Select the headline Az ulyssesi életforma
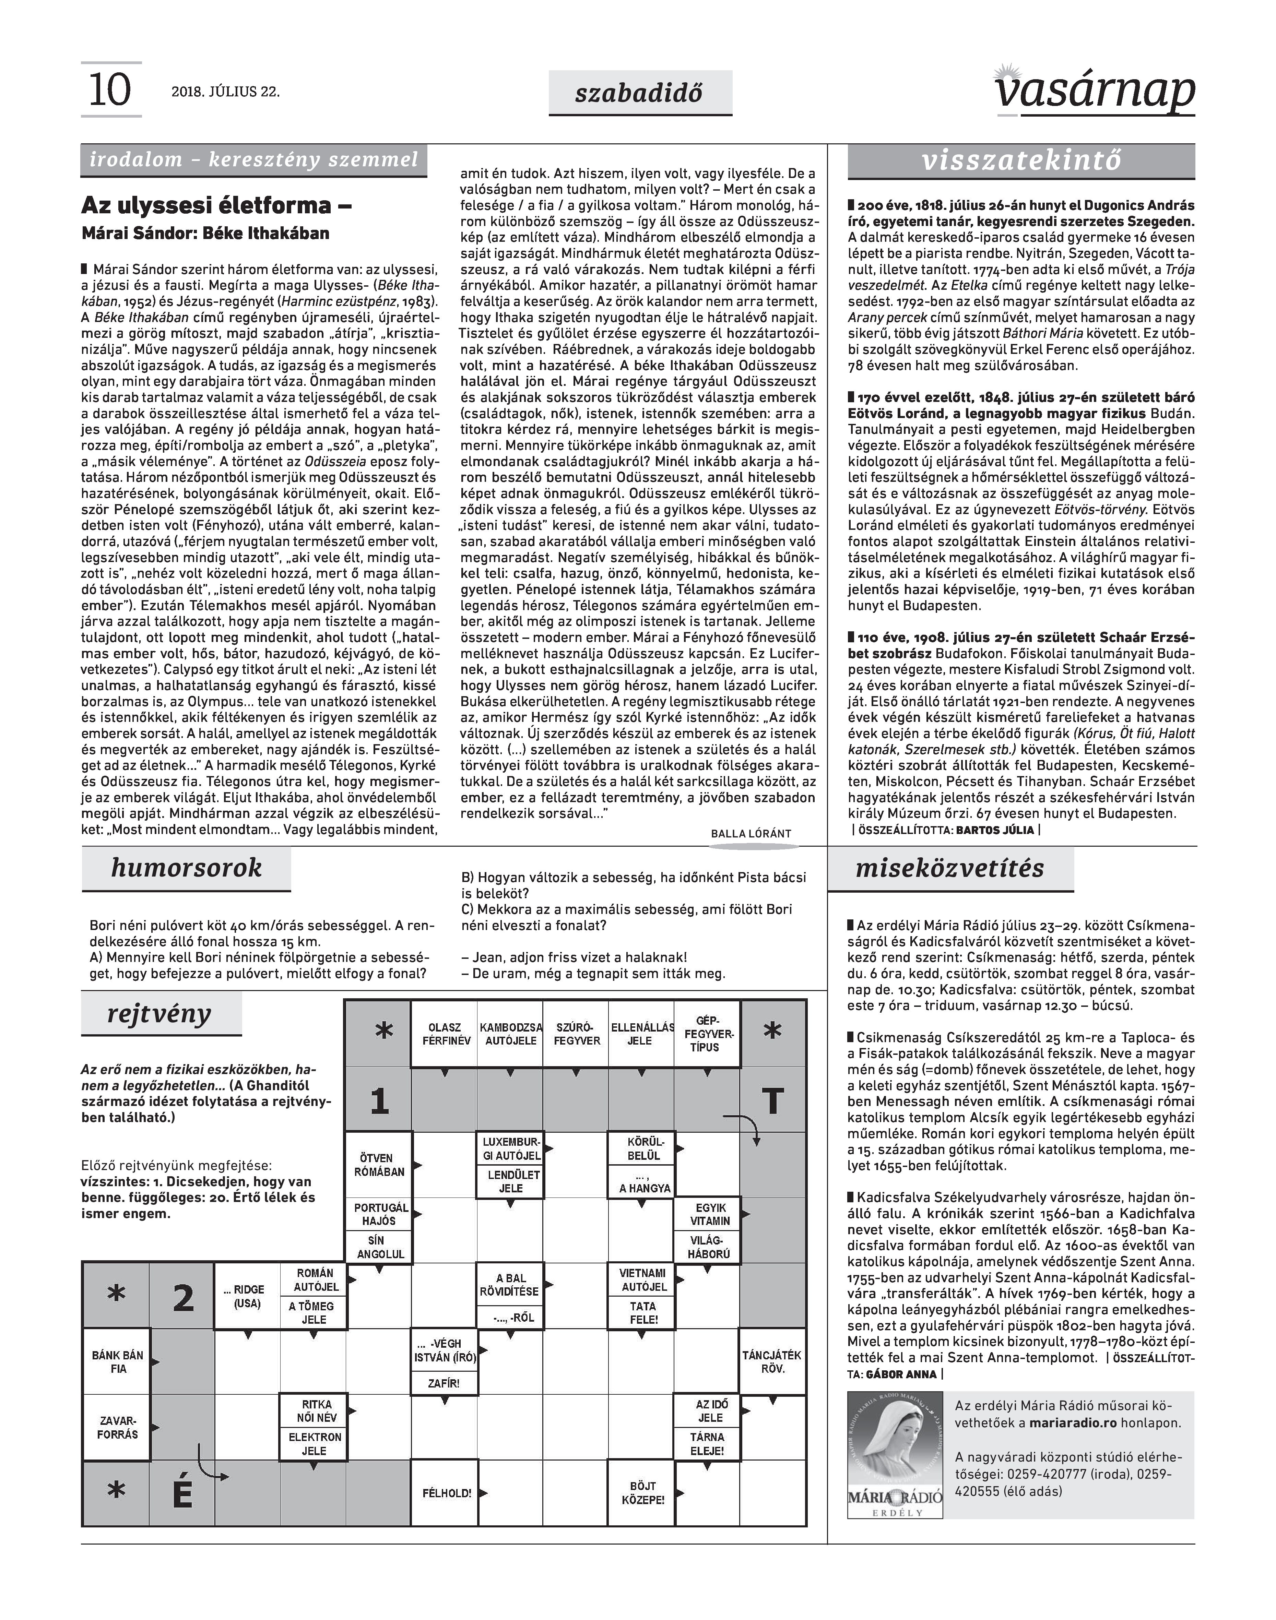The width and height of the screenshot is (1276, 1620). pyautogui.click(x=217, y=205)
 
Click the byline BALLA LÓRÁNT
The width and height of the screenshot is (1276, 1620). pyautogui.click(x=751, y=834)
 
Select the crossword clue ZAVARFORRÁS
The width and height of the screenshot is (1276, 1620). pyautogui.click(x=117, y=1427)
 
